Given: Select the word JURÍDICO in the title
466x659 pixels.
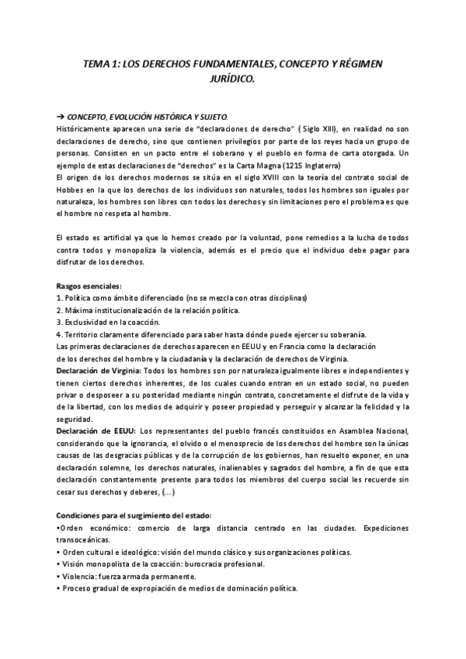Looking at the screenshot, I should click(231, 78).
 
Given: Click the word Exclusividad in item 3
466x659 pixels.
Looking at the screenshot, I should click(88, 322).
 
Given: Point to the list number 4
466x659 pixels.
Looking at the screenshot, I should click(60, 333).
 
